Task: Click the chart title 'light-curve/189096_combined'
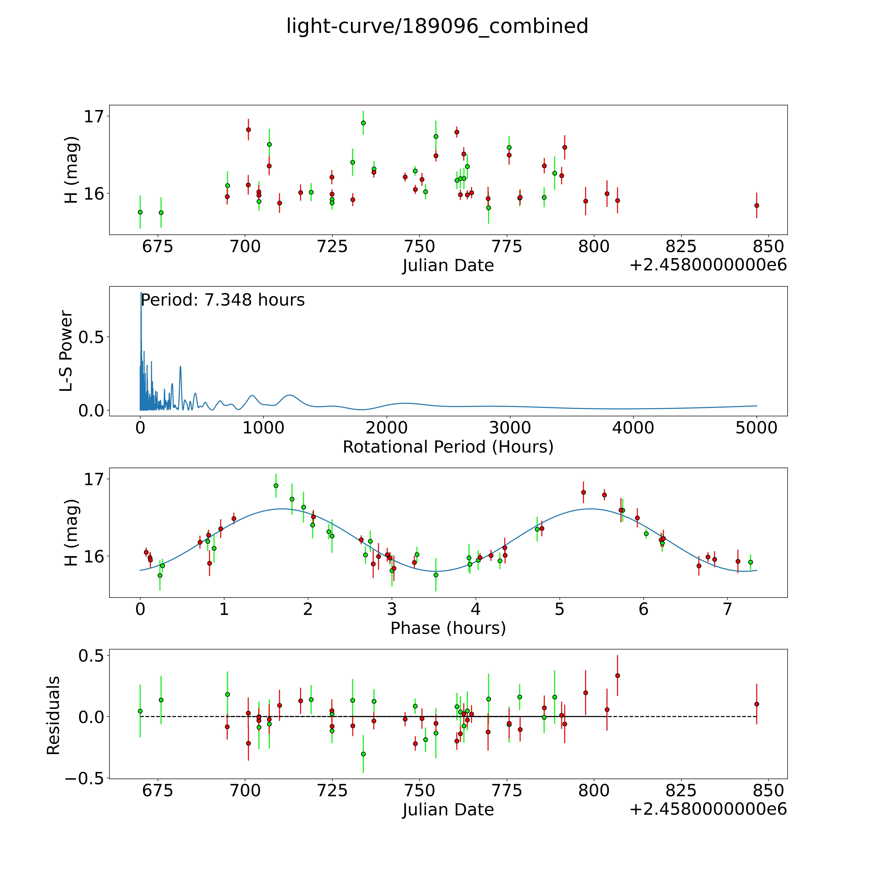click(x=437, y=26)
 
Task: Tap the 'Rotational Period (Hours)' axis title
click(x=448, y=447)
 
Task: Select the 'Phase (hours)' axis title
click(x=448, y=628)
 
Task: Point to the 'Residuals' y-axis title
click(x=53, y=716)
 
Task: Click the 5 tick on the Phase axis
click(x=560, y=609)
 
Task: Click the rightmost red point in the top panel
click(x=756, y=205)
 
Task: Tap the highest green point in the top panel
click(x=363, y=123)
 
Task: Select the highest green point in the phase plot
click(x=276, y=485)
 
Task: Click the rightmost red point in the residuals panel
click(x=756, y=704)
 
